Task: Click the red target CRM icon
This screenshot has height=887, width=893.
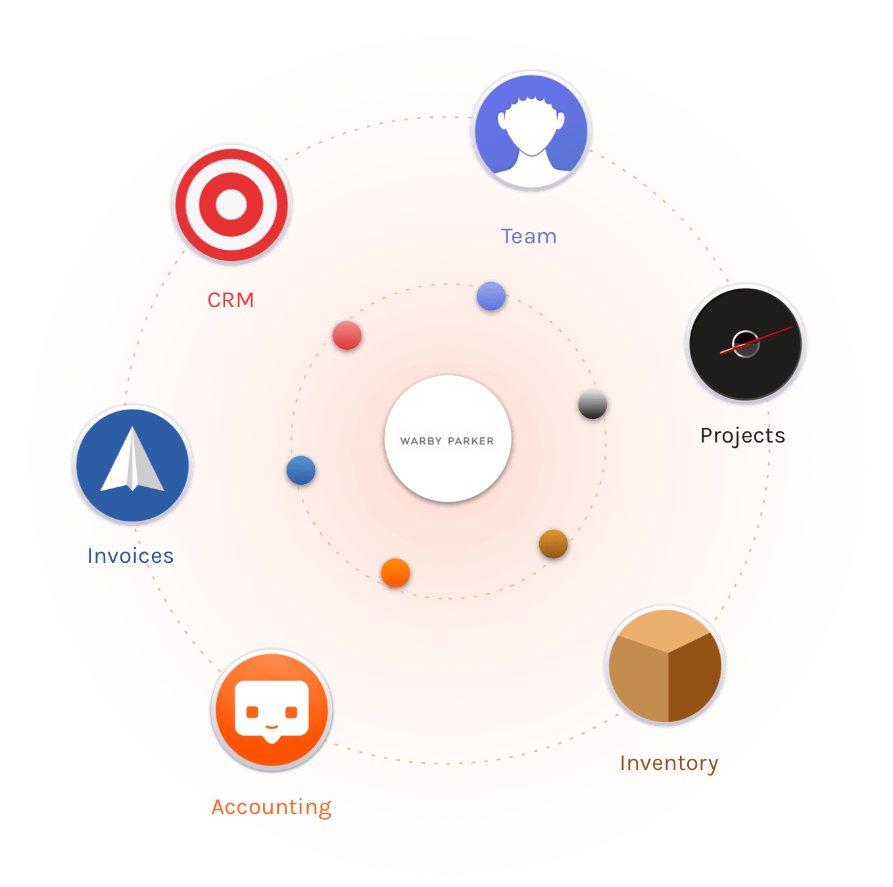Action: coord(231,204)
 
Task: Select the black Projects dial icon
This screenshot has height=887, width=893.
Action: coord(744,343)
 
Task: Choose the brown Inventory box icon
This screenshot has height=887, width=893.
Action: coord(664,665)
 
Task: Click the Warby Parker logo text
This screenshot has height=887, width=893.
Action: coord(446,441)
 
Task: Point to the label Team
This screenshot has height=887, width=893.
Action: coord(528,236)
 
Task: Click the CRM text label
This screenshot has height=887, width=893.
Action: coord(230,299)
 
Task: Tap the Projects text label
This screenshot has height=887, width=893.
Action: coord(742,436)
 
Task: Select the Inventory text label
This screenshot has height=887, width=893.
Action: coord(668,763)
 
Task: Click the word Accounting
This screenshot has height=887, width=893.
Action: coord(271,807)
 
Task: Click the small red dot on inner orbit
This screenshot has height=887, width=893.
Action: coord(346,335)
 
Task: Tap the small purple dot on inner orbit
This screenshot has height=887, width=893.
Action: coord(491,296)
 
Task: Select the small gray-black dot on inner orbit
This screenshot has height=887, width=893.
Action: coord(592,404)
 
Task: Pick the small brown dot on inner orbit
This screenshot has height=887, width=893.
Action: coord(552,544)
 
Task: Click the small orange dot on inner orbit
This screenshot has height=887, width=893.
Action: coord(395,572)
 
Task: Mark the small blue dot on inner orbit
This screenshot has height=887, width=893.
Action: coord(301,469)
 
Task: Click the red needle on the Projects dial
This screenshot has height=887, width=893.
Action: coord(756,340)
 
